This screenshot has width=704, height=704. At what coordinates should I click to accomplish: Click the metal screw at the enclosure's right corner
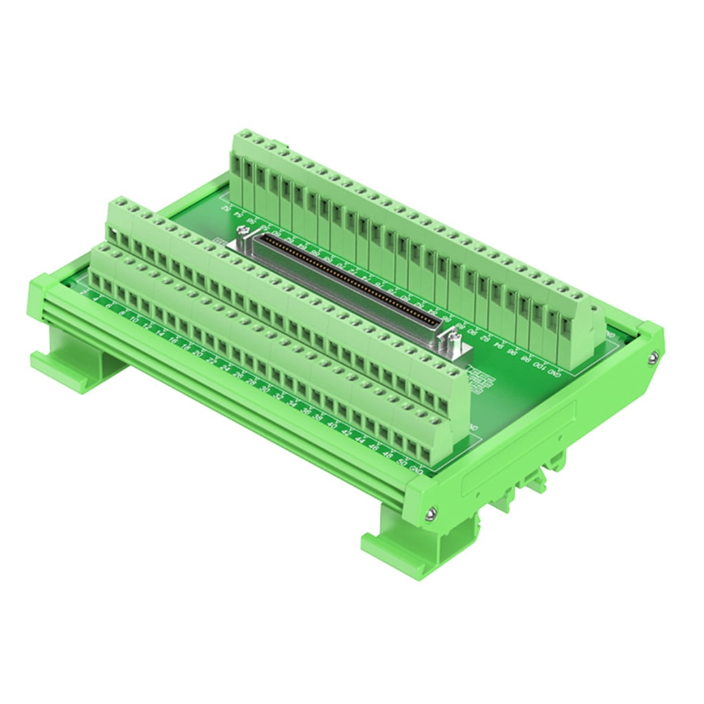[x=652, y=356]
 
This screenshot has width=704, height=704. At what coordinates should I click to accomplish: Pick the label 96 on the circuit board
[x=513, y=352]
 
